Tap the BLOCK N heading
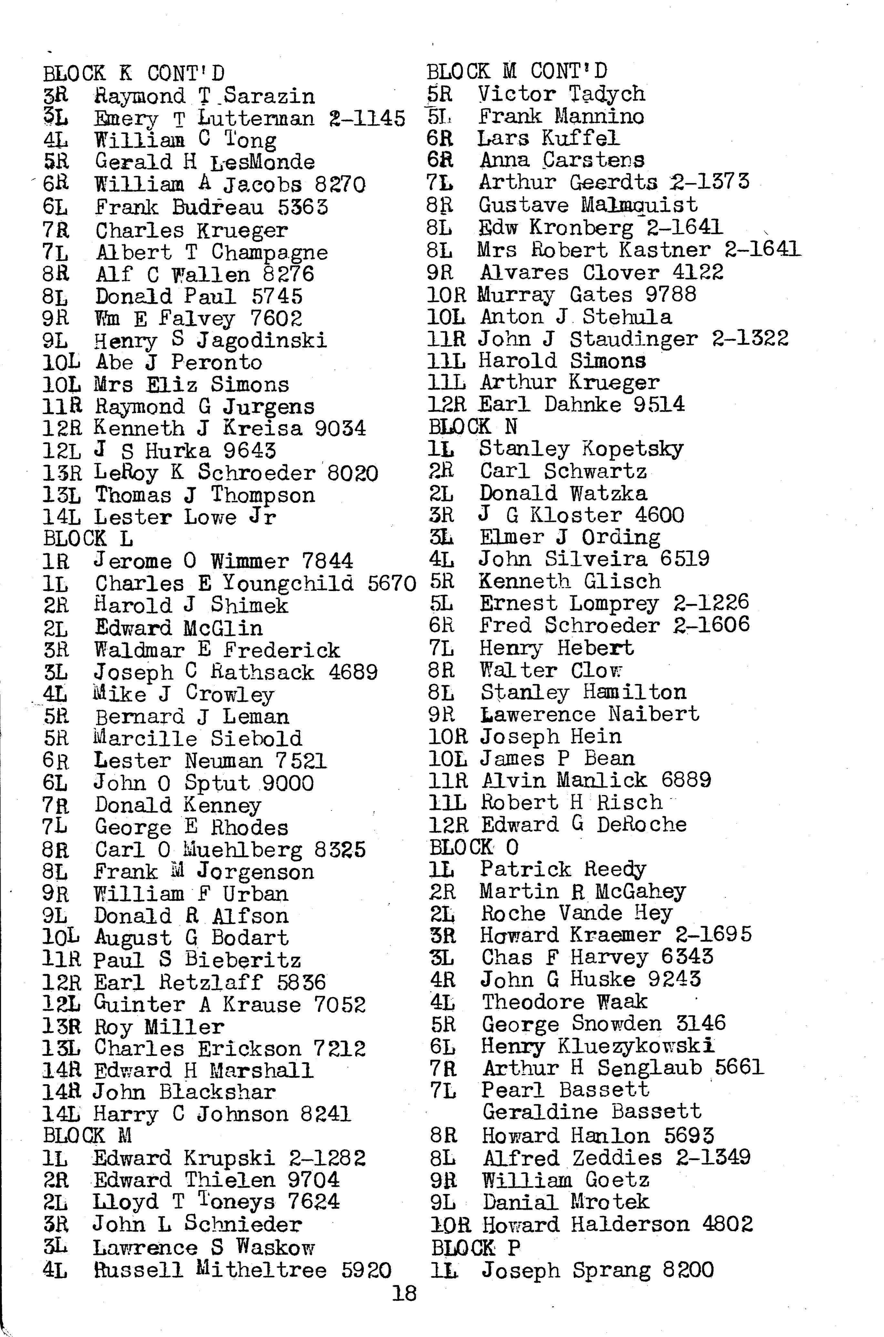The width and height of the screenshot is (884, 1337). pos(472,427)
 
